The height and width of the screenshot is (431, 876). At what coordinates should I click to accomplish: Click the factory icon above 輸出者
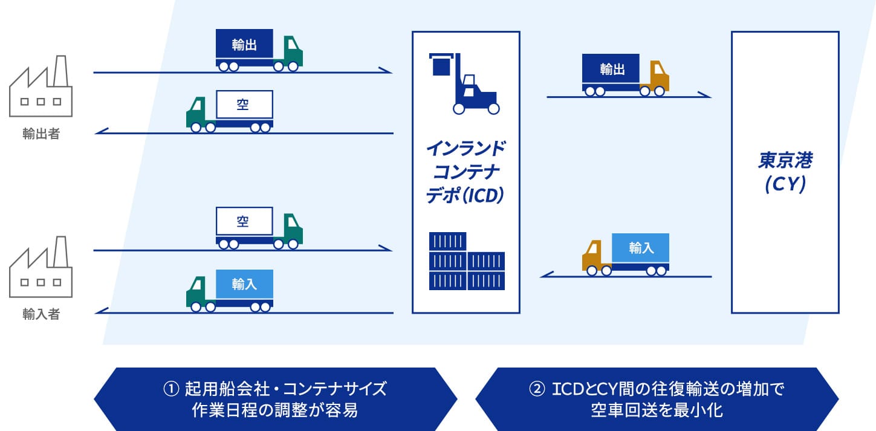tap(41, 87)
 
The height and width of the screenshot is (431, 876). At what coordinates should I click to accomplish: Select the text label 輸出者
tap(41, 134)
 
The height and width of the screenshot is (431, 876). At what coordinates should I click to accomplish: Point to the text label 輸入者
tap(41, 314)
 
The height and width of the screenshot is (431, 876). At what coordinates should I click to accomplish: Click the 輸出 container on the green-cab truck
tap(244, 45)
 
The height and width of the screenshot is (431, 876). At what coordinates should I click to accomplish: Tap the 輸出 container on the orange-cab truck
tap(611, 69)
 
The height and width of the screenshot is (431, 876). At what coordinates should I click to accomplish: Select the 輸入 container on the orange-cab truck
tap(640, 248)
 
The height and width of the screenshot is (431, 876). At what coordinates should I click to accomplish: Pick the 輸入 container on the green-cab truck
tap(244, 284)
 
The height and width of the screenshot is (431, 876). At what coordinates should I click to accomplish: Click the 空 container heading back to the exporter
tap(244, 105)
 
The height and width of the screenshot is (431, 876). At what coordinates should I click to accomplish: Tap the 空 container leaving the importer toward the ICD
tap(244, 222)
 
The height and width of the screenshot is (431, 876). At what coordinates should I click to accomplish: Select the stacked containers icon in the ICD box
tap(466, 261)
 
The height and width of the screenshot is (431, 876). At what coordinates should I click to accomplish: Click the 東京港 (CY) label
tap(785, 172)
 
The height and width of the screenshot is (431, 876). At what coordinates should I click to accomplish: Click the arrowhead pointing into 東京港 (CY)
tap(704, 95)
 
